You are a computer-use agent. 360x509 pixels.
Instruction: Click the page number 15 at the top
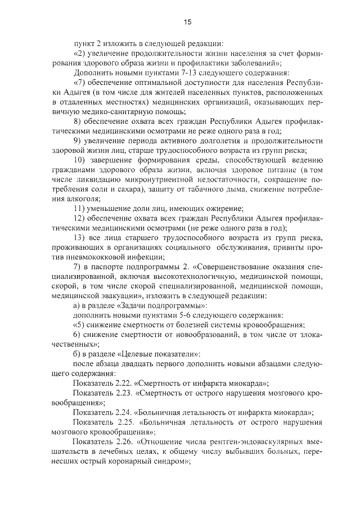click(x=188, y=22)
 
